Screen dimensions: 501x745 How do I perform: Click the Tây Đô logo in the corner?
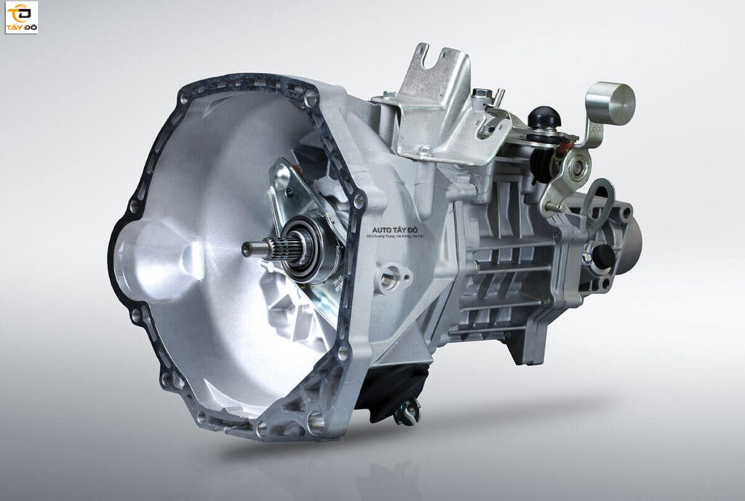click(21, 17)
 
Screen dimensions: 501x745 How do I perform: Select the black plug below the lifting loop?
click(602, 256)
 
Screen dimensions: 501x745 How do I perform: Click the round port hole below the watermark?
click(390, 277)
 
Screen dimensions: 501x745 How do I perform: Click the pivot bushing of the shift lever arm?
click(576, 167)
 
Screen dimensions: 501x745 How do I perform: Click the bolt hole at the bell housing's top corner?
click(311, 98)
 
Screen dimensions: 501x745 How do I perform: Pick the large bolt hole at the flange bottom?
click(315, 419)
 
